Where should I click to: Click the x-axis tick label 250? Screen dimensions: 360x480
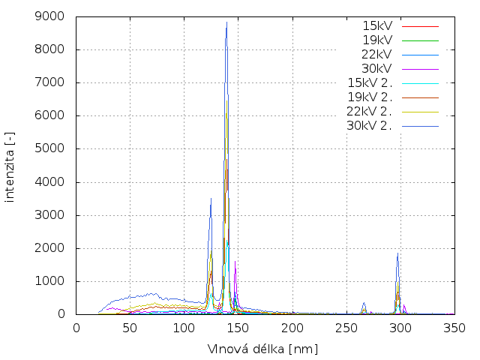click(346, 328)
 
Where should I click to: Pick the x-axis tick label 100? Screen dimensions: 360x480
click(184, 328)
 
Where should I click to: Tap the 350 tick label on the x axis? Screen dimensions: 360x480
click(454, 328)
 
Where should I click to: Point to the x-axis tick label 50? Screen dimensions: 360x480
click(130, 328)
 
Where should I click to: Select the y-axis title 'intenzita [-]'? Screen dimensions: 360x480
click(10, 165)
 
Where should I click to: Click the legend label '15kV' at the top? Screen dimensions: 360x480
click(376, 25)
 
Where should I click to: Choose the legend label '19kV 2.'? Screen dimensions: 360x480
click(370, 97)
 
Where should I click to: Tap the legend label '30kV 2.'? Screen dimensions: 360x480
click(370, 125)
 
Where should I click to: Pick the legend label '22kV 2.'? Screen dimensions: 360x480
click(370, 111)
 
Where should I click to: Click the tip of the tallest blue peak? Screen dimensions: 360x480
click(226, 22)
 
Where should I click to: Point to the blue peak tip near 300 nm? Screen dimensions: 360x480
click(397, 253)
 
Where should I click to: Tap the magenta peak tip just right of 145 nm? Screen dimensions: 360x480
click(235, 262)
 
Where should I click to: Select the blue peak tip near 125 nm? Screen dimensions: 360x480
click(211, 198)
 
